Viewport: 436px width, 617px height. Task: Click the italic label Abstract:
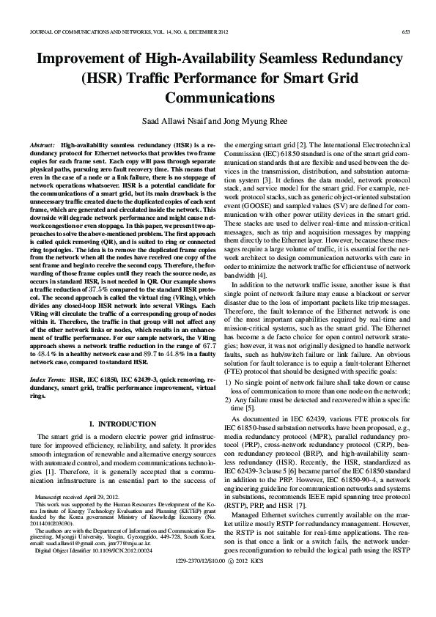pyautogui.click(x=43, y=147)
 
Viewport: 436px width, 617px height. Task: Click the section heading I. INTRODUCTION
pyautogui.click(x=122, y=424)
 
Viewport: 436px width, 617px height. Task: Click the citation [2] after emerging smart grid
pyautogui.click(x=289, y=147)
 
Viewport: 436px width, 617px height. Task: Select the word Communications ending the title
pyautogui.click(x=218, y=97)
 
